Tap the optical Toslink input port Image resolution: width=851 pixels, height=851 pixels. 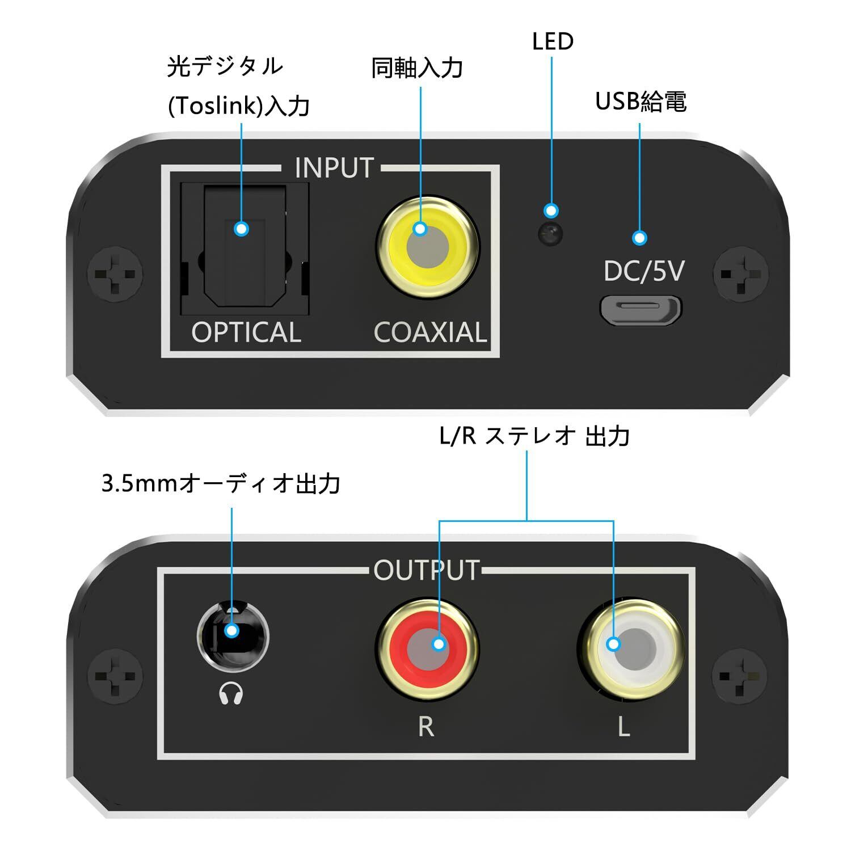[245, 250]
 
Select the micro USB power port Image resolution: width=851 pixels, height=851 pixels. [641, 310]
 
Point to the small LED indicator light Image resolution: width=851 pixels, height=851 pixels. [550, 233]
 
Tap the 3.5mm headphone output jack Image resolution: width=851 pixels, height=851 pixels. [233, 635]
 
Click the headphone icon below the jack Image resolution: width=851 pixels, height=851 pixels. [231, 693]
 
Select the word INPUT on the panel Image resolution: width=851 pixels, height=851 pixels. [334, 168]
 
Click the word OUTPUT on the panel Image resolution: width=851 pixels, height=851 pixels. [427, 570]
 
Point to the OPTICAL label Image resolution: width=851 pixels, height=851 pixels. [246, 332]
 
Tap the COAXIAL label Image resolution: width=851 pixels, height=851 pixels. [430, 332]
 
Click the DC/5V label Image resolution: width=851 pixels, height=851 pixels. [644, 271]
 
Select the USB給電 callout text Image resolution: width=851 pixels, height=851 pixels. [641, 102]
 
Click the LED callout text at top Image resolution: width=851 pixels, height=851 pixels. [553, 41]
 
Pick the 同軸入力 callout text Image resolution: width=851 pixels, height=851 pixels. [417, 68]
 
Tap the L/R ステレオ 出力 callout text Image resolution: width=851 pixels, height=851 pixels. [534, 436]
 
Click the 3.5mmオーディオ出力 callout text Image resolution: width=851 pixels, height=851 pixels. [221, 484]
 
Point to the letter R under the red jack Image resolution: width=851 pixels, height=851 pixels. [426, 726]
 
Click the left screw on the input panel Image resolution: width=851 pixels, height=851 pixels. [115, 275]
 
